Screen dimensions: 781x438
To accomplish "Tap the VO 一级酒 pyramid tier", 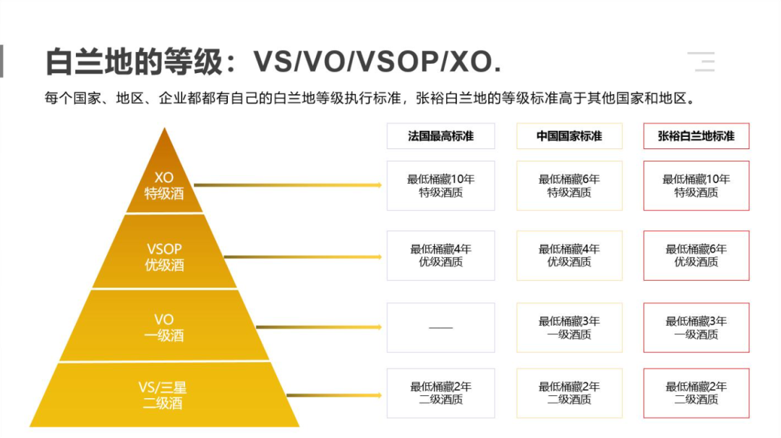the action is [164, 326].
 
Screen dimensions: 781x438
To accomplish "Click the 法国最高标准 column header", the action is [441, 136].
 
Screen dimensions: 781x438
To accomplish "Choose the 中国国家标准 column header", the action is [569, 136].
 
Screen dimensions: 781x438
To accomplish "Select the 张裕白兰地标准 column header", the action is [696, 136].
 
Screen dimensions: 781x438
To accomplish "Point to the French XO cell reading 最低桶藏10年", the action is [441, 185].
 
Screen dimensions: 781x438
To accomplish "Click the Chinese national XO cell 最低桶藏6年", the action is [569, 185].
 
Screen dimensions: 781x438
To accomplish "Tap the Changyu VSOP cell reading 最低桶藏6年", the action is [696, 256].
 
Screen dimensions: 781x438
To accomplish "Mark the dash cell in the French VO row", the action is [441, 328].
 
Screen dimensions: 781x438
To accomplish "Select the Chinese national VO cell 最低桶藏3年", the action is [569, 328].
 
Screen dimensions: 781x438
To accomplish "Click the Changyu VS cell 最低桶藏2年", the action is [696, 393].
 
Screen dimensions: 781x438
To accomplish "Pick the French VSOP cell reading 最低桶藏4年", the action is [441, 256].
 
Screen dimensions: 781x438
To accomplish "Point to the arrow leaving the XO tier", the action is [288, 185].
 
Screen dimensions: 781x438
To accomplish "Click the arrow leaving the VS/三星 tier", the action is [334, 395].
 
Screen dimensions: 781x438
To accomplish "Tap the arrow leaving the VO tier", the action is [319, 327].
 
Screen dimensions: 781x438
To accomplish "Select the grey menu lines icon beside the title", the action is [701, 62].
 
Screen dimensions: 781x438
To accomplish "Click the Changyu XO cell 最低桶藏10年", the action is [696, 185].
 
